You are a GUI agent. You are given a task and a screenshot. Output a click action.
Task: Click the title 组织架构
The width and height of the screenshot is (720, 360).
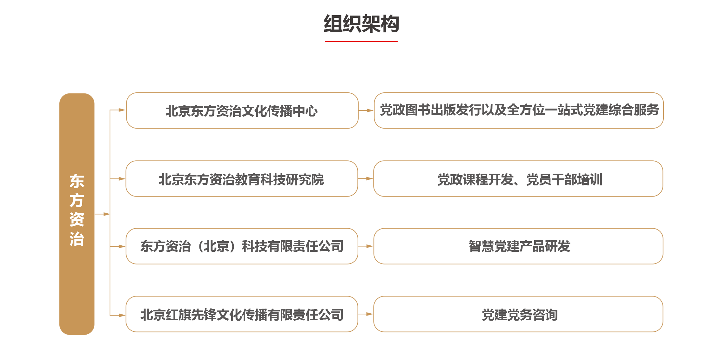tap(361, 24)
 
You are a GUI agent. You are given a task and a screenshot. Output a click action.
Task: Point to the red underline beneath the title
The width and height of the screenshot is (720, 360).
tap(361, 41)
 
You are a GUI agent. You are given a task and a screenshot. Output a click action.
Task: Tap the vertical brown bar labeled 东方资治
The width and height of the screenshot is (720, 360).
tap(77, 214)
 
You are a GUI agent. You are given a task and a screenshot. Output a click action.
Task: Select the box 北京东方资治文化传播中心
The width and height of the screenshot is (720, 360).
tap(242, 110)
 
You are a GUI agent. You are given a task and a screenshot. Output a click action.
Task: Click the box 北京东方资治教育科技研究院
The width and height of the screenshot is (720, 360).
tap(242, 178)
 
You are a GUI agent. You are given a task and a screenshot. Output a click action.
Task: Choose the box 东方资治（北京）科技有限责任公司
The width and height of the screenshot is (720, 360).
tap(242, 246)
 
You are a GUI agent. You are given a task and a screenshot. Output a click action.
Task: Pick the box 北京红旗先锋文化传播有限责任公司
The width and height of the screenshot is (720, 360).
tap(242, 314)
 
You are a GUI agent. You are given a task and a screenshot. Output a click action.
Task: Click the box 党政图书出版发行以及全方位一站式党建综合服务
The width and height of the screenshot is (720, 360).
tap(519, 110)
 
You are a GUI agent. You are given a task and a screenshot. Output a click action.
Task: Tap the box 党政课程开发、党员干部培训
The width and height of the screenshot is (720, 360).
tap(518, 178)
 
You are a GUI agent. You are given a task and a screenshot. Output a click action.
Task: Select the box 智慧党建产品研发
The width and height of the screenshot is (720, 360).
tap(518, 246)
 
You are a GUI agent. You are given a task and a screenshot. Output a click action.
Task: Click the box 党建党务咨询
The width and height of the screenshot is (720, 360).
tap(518, 314)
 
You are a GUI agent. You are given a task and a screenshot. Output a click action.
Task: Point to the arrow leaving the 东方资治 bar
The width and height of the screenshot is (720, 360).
tap(102, 214)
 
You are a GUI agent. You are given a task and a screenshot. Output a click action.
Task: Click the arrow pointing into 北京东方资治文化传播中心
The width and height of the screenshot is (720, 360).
tap(118, 110)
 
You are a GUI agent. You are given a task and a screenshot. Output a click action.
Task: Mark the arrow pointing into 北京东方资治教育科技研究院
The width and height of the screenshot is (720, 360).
tap(118, 179)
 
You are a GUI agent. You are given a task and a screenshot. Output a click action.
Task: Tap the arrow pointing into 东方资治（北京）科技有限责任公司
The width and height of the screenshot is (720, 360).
tap(118, 246)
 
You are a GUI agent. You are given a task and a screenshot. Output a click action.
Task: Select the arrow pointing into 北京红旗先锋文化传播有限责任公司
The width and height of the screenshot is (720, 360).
tap(118, 315)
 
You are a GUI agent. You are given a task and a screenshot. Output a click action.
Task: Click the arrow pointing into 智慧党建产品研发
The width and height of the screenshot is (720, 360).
tap(366, 246)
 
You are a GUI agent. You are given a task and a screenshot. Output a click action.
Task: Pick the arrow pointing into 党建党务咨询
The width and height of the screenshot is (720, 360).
tap(366, 314)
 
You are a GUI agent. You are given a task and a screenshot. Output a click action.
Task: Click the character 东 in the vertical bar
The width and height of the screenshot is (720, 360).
tap(77, 181)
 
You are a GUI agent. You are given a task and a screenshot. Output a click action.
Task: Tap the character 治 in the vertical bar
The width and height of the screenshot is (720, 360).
tap(77, 239)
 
